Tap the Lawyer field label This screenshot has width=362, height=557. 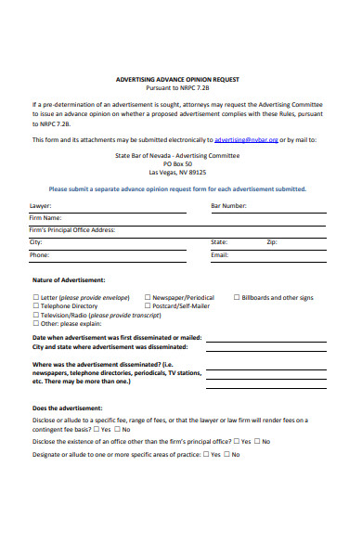point(41,205)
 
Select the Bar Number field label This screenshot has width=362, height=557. point(228,205)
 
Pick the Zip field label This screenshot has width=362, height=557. point(272,241)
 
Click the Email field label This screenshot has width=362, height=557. point(220,253)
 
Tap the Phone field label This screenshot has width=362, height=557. point(40,253)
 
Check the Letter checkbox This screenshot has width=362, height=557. point(35,298)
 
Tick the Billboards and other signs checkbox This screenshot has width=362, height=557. point(236,298)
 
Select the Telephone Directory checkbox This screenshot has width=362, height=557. point(35,306)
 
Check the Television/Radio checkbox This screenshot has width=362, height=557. point(35,315)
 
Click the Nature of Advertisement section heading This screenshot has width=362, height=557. point(69,279)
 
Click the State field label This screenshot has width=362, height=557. point(219,241)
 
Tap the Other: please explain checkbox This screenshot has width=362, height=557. point(35,323)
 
